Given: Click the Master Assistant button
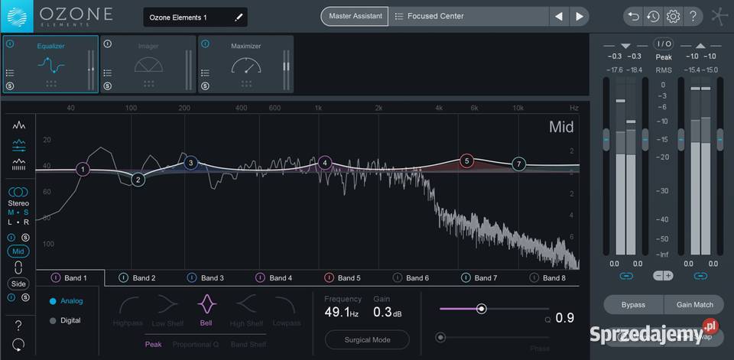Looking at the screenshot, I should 355,16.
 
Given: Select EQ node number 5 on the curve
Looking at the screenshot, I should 467,161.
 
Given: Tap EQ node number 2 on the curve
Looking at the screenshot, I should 138,180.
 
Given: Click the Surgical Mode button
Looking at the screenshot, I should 367,340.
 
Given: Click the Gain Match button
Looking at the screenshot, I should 694,305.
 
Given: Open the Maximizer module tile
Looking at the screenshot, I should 245,64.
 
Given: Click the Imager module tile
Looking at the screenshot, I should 148,64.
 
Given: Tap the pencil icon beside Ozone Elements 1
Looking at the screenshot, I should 239,17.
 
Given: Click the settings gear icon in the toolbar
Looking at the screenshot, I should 674,16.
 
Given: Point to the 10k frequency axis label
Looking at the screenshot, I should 518,108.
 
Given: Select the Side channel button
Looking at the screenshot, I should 18,284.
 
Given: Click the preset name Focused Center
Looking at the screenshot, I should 436,16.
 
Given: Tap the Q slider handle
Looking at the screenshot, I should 482,309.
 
